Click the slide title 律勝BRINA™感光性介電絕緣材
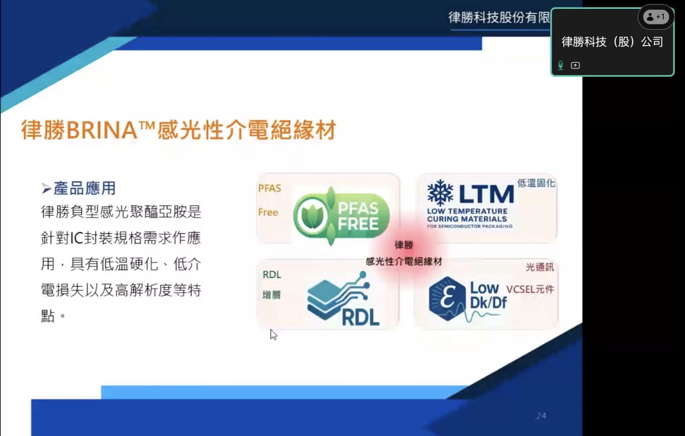(x=178, y=130)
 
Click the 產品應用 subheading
(x=85, y=188)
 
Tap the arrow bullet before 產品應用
(x=46, y=189)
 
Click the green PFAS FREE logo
(x=341, y=216)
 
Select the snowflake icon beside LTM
(x=440, y=193)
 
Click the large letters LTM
(x=487, y=194)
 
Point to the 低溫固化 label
(x=536, y=183)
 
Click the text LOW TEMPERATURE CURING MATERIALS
(x=467, y=215)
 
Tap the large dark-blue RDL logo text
(x=361, y=317)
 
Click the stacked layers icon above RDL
(x=338, y=296)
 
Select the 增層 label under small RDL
(x=271, y=295)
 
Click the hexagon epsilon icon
(x=447, y=298)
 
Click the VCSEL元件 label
(x=530, y=289)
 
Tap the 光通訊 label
(x=540, y=267)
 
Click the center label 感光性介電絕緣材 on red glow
(x=404, y=261)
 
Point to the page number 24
(x=541, y=416)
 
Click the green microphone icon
(x=561, y=65)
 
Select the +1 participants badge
(x=656, y=17)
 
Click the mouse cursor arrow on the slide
(x=273, y=334)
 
